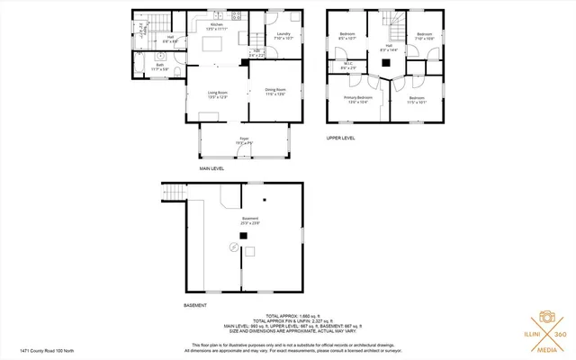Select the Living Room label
tap(218, 93)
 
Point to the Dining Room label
tap(275, 90)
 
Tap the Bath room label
tap(159, 65)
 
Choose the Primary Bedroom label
tap(358, 98)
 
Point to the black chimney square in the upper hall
tap(384, 62)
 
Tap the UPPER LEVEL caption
tap(341, 138)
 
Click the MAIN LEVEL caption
tap(212, 168)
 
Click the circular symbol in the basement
tap(235, 245)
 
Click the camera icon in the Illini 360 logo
tap(546, 318)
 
